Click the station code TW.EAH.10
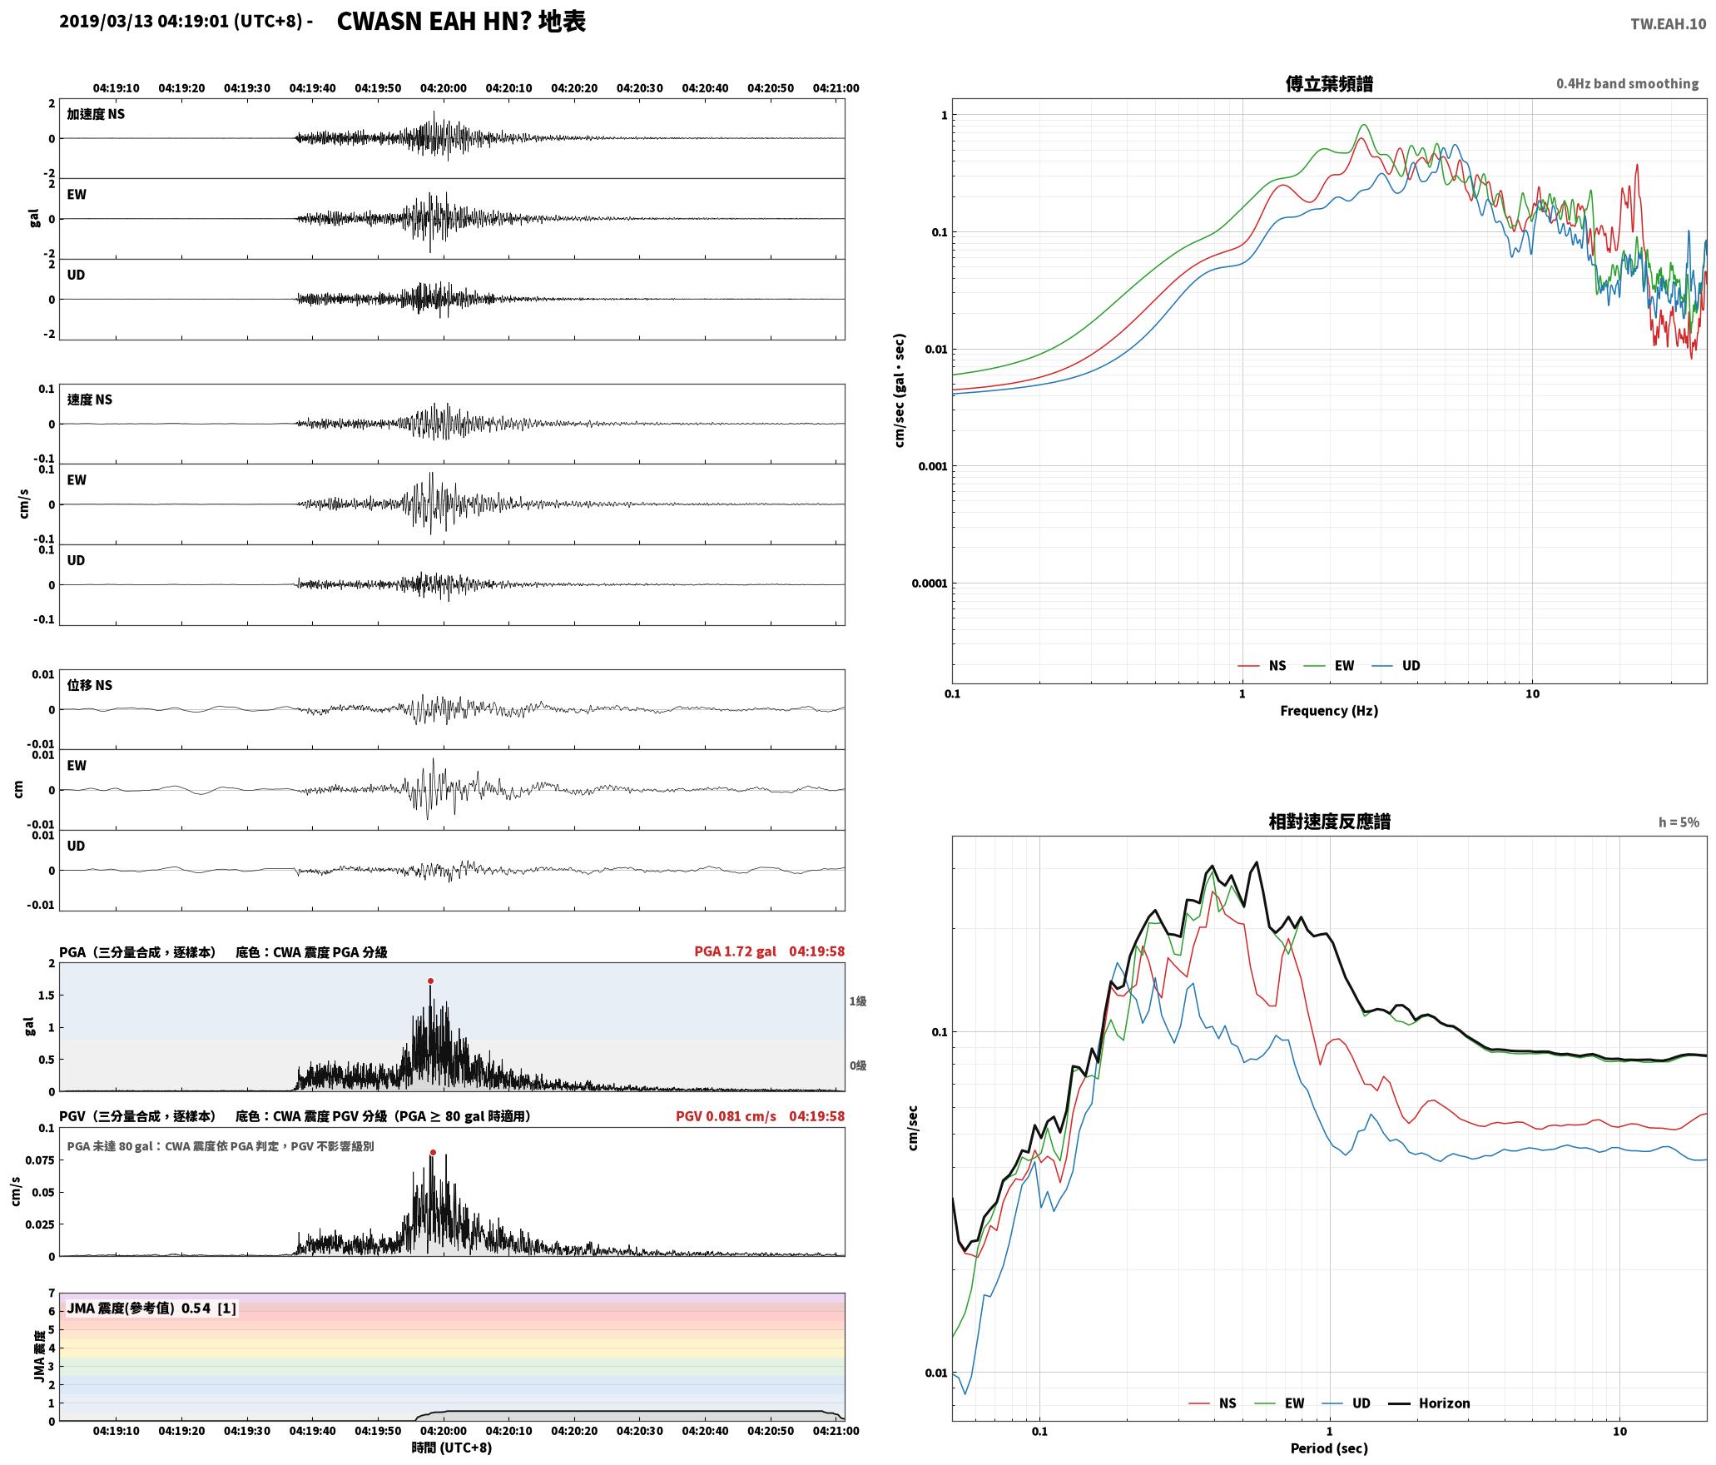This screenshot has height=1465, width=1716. click(1668, 24)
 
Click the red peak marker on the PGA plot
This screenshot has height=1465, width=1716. click(430, 981)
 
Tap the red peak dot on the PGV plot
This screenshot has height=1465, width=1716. click(433, 1152)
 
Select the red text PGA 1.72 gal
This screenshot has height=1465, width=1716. click(735, 951)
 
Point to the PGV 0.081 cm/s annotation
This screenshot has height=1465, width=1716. click(726, 1116)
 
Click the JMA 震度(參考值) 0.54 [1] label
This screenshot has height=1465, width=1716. click(151, 1308)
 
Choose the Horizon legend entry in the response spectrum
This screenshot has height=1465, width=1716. click(1429, 1403)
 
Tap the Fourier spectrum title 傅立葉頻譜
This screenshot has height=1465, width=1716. click(1329, 84)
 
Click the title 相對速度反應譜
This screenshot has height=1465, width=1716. click(1329, 822)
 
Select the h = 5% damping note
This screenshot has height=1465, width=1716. click(1679, 822)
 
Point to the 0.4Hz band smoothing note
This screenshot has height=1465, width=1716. click(1627, 83)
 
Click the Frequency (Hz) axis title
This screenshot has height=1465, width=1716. click(1329, 710)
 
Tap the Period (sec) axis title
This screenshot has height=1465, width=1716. click(1329, 1448)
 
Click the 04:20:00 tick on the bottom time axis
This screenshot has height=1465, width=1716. click(444, 1430)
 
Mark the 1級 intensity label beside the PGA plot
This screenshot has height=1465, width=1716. click(858, 1001)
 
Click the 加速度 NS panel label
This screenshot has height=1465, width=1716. click(96, 114)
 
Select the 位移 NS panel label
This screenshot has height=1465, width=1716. click(89, 685)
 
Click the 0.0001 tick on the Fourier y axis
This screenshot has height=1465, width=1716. click(929, 583)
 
